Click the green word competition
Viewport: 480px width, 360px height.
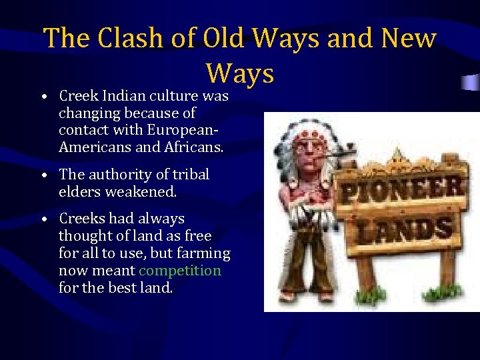(x=180, y=271)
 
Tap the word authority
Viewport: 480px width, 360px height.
(x=117, y=175)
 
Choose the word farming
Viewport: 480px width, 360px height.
(x=205, y=253)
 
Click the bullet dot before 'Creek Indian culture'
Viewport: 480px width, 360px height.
(x=43, y=97)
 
